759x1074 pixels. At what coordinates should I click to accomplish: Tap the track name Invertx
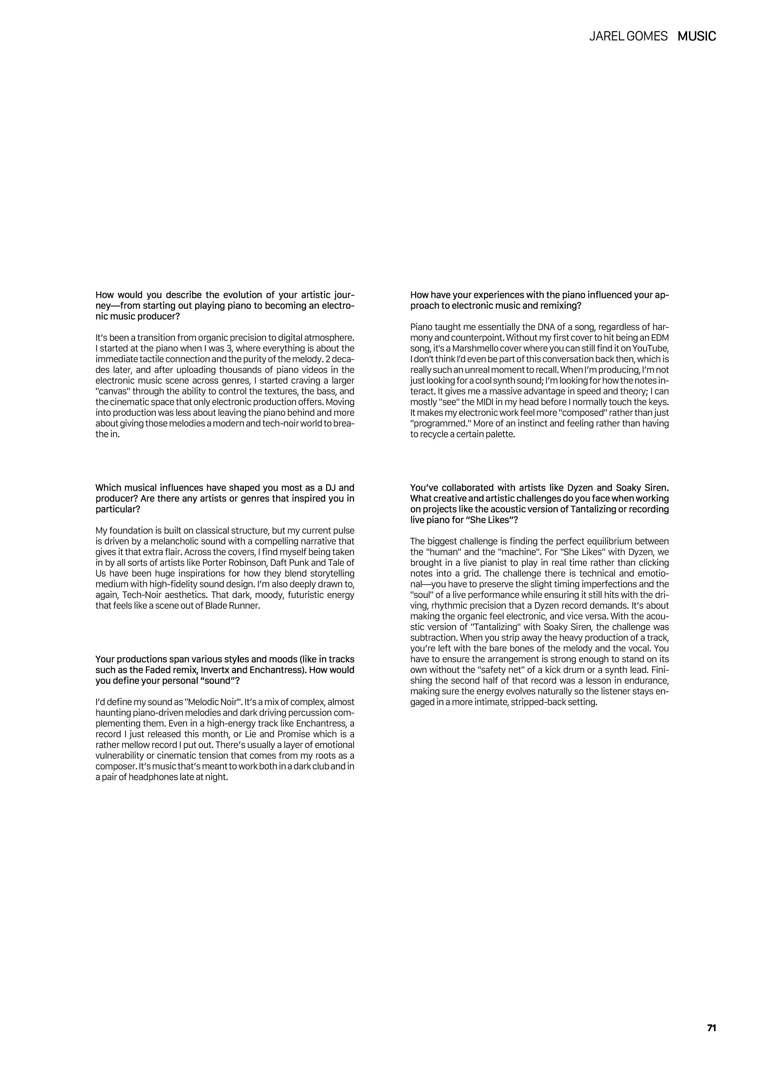click(x=215, y=670)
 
